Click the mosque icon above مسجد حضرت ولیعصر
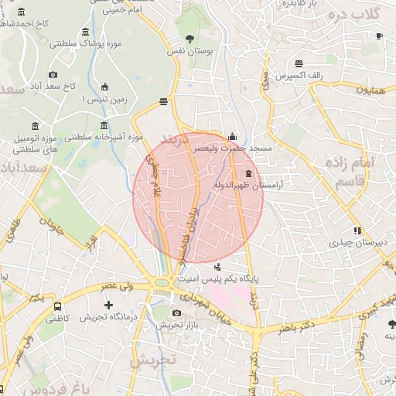[x=232, y=135]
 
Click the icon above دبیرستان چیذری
[x=357, y=230]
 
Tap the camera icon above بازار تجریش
[x=177, y=313]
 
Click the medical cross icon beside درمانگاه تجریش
[x=108, y=306]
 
